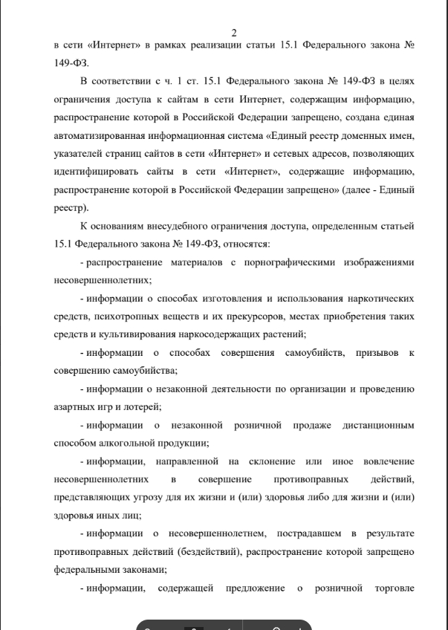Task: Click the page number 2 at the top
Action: pyautogui.click(x=234, y=33)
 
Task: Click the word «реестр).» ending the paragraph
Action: pyautogui.click(x=71, y=207)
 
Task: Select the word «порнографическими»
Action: pyautogui.click(x=290, y=262)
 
